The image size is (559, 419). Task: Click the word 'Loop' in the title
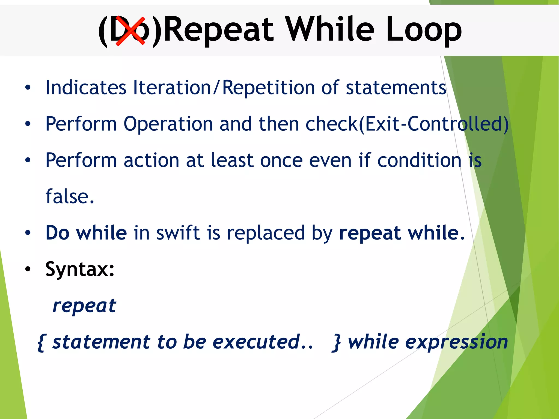click(x=424, y=30)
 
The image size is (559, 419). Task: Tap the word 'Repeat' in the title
click(x=218, y=30)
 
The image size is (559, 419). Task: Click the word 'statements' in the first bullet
click(x=396, y=88)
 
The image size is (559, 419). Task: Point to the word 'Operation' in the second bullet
click(x=168, y=124)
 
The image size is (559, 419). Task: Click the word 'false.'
click(x=70, y=196)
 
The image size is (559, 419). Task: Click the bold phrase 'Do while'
click(x=86, y=233)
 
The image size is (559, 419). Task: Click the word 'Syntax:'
click(x=80, y=269)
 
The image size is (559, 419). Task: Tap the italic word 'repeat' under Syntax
click(x=84, y=306)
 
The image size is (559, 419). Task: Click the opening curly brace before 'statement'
click(x=41, y=342)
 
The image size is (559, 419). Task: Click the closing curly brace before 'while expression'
click(x=337, y=342)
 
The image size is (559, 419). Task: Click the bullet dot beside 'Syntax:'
click(x=28, y=269)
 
